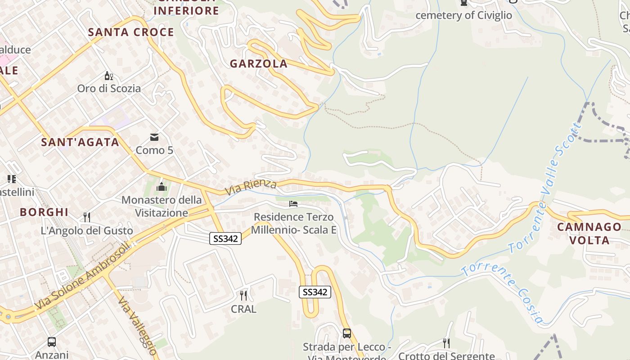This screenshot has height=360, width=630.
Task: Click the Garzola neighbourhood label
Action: click(x=258, y=63)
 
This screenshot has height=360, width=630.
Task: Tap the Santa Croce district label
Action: click(x=131, y=32)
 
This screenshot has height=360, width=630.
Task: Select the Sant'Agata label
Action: click(x=80, y=142)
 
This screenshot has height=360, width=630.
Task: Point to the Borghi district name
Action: click(x=44, y=212)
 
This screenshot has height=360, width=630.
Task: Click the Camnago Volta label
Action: click(x=589, y=233)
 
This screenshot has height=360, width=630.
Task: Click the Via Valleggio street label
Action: click(x=137, y=325)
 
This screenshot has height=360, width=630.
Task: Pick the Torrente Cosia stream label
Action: click(x=502, y=292)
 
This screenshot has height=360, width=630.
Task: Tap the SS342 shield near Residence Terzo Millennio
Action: click(x=225, y=238)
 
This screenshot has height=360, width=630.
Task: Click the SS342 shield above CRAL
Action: click(x=315, y=292)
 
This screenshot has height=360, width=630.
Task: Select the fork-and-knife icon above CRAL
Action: click(x=243, y=295)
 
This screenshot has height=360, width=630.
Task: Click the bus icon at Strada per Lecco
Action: click(x=346, y=333)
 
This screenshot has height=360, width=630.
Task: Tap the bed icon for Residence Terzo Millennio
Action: click(x=293, y=204)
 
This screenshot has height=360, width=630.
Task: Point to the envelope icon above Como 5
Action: click(x=154, y=137)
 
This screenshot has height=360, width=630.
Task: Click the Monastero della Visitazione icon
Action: click(x=162, y=186)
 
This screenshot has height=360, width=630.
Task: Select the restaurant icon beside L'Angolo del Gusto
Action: click(x=87, y=217)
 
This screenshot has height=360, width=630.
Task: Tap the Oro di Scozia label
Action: click(x=109, y=88)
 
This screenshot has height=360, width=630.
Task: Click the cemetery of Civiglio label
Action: click(x=463, y=15)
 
